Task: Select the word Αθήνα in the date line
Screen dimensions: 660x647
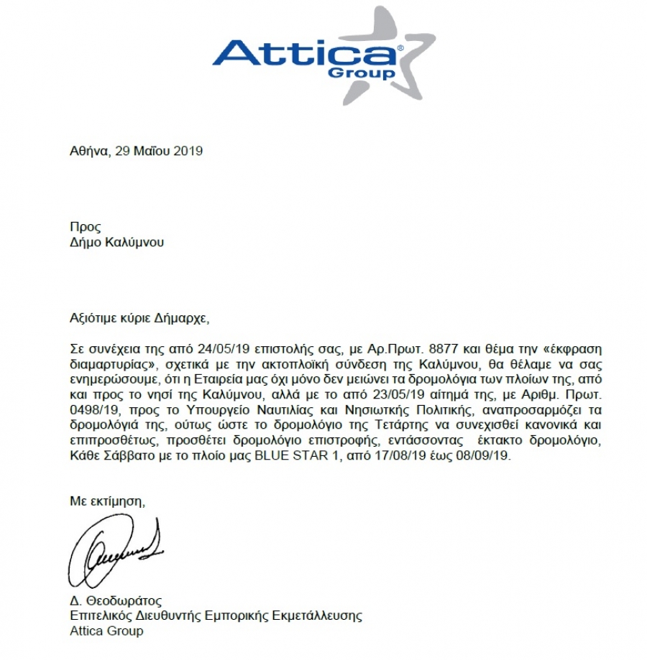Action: click(x=88, y=151)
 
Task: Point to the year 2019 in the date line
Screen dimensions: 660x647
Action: click(x=189, y=151)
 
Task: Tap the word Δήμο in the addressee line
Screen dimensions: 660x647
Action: click(x=85, y=242)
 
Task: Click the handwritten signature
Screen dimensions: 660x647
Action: click(x=115, y=549)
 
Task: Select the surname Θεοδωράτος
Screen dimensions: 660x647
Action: click(x=121, y=600)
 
